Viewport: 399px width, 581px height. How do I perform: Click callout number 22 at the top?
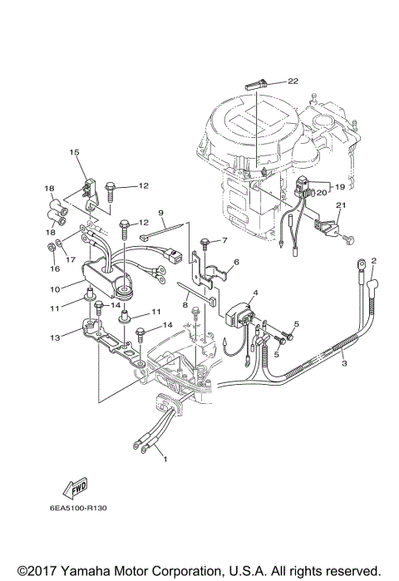(x=293, y=81)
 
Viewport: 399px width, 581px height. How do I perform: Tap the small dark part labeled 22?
(x=255, y=83)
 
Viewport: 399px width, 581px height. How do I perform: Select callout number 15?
(x=73, y=152)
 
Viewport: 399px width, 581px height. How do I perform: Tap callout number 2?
(x=374, y=261)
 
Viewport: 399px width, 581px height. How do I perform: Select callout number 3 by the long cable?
(x=342, y=363)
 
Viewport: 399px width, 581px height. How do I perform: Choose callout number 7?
(x=224, y=240)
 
